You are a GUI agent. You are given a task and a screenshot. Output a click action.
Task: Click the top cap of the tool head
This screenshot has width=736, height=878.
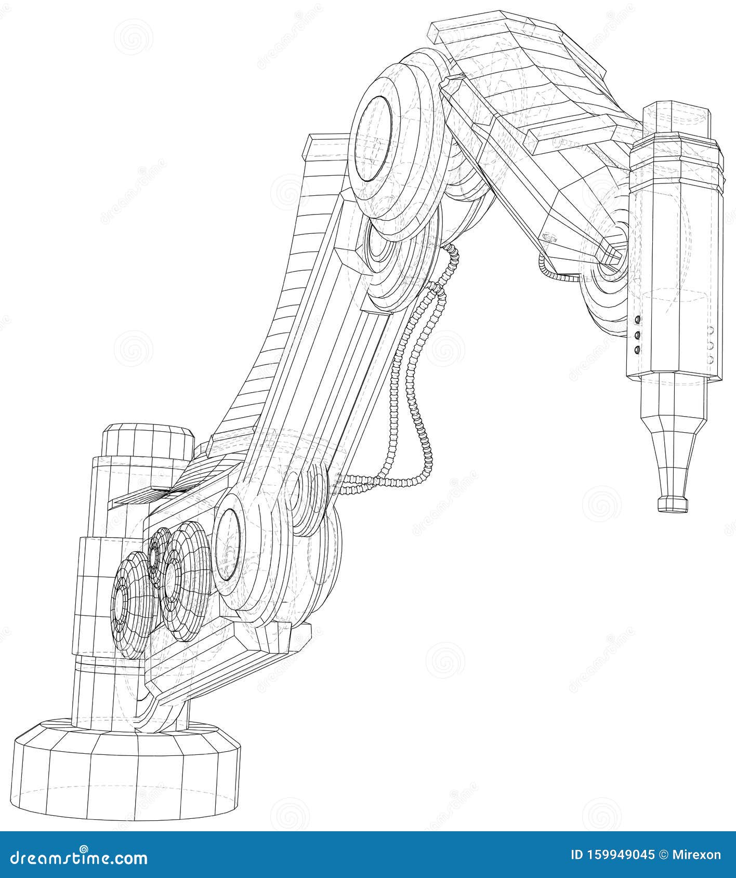coord(676,122)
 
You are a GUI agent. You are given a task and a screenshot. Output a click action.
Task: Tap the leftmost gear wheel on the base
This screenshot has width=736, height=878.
coord(131,603)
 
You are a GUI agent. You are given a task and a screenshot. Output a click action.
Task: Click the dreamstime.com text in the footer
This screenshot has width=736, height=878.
coord(75,857)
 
